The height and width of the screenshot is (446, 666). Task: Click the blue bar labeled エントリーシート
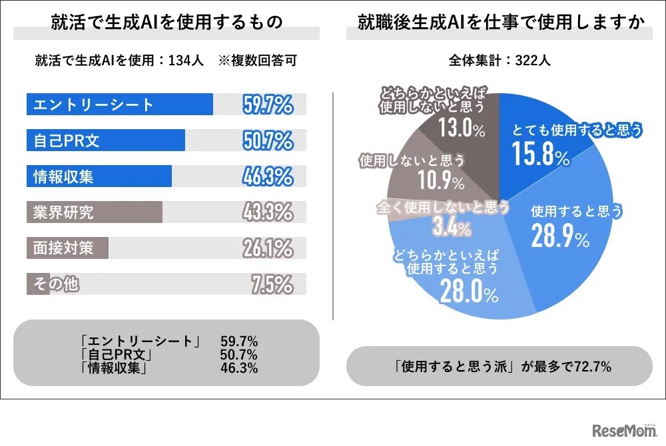120,105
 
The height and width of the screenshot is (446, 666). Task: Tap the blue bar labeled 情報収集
99,176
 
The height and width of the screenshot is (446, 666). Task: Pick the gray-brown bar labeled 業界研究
94,212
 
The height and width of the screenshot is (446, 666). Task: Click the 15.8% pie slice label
541,154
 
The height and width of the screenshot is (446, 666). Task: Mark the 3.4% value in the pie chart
452,228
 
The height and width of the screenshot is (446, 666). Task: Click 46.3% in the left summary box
238,367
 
